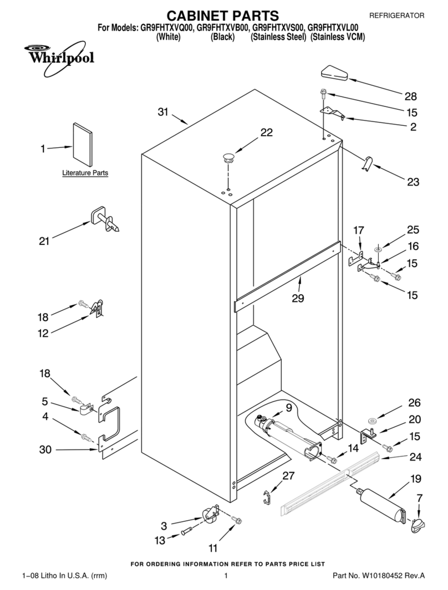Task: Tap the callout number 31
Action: point(162,112)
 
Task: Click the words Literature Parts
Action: point(85,173)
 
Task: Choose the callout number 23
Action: point(413,181)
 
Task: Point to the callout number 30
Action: point(45,449)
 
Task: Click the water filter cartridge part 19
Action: point(381,504)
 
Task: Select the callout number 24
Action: point(415,458)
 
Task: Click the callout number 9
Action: point(288,408)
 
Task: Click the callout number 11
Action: point(213,548)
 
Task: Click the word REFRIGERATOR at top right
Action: point(396,16)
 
